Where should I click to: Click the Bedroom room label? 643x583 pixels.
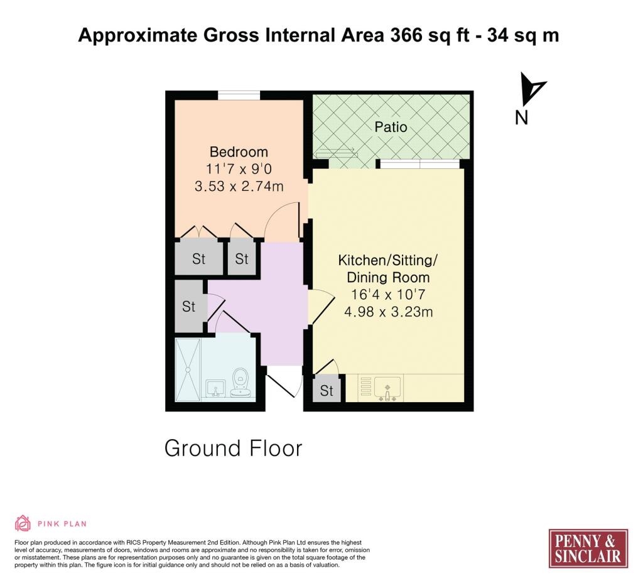[239, 152]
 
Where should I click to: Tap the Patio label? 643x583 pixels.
[391, 127]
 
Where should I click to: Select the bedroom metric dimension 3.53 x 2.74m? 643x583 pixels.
[239, 186]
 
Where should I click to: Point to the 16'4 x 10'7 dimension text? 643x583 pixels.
[388, 294]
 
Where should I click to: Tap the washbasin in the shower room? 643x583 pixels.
[215, 388]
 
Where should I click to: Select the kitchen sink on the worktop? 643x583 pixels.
[387, 388]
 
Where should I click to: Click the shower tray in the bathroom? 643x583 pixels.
[188, 369]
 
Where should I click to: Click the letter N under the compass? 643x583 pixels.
[521, 118]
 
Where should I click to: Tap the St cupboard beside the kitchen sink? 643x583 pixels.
[327, 389]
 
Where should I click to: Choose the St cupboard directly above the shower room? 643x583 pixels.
[189, 306]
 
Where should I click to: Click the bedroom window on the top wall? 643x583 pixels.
[239, 95]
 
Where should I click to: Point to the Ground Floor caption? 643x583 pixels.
[233, 449]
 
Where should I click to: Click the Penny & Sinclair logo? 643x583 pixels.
[588, 548]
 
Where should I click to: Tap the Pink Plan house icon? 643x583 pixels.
[23, 523]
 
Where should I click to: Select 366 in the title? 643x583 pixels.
[406, 35]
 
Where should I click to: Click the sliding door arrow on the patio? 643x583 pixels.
[337, 150]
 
